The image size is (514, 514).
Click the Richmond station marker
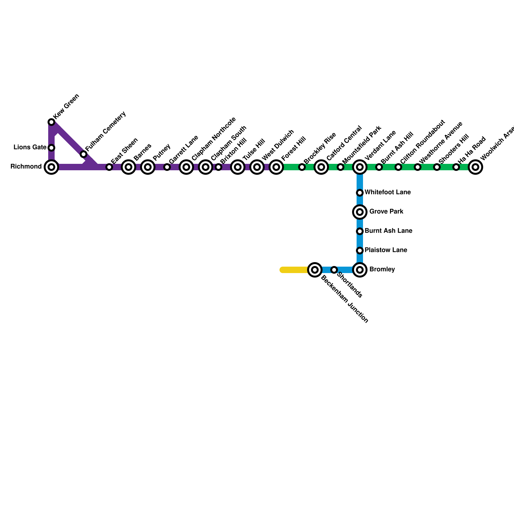[x=51, y=167]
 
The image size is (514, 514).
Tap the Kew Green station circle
[x=51, y=122]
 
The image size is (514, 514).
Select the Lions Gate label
[x=30, y=147]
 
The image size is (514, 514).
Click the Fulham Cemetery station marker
[x=84, y=154]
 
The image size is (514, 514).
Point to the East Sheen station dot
[x=109, y=167]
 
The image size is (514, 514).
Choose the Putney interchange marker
[x=148, y=167]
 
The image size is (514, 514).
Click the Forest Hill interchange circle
[x=276, y=167]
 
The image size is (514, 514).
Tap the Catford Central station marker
[x=321, y=167]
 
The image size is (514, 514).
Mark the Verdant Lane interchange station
[x=360, y=167]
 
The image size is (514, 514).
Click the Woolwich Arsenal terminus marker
[x=475, y=167]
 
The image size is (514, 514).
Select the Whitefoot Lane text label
[x=388, y=192]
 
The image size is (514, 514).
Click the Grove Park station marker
[x=360, y=212]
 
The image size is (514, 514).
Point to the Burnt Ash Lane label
[x=388, y=231]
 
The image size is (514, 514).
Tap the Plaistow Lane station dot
[x=360, y=251]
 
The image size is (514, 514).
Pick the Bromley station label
[x=382, y=270]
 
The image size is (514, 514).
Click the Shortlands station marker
[x=334, y=270]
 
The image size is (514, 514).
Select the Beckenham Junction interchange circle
[x=315, y=270]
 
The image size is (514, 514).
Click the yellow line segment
[x=294, y=270]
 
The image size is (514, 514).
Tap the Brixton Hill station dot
[x=218, y=167]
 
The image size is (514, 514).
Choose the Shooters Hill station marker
[x=437, y=167]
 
